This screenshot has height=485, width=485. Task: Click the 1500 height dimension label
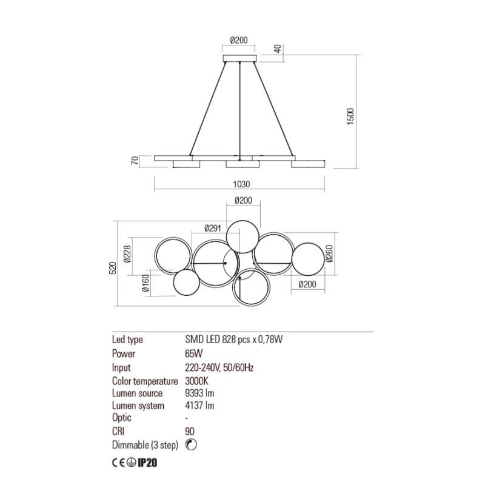click(x=350, y=116)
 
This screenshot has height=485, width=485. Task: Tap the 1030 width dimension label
click(x=241, y=184)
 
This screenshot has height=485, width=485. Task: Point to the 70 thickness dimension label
click(x=135, y=161)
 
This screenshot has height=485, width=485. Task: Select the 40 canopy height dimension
click(x=278, y=49)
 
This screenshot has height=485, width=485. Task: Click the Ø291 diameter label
click(x=213, y=229)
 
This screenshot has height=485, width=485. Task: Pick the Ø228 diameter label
click(x=127, y=254)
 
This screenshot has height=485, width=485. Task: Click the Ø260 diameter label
click(x=329, y=253)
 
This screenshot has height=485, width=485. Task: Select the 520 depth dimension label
click(x=113, y=268)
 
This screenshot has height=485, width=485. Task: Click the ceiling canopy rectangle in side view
click(x=239, y=58)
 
